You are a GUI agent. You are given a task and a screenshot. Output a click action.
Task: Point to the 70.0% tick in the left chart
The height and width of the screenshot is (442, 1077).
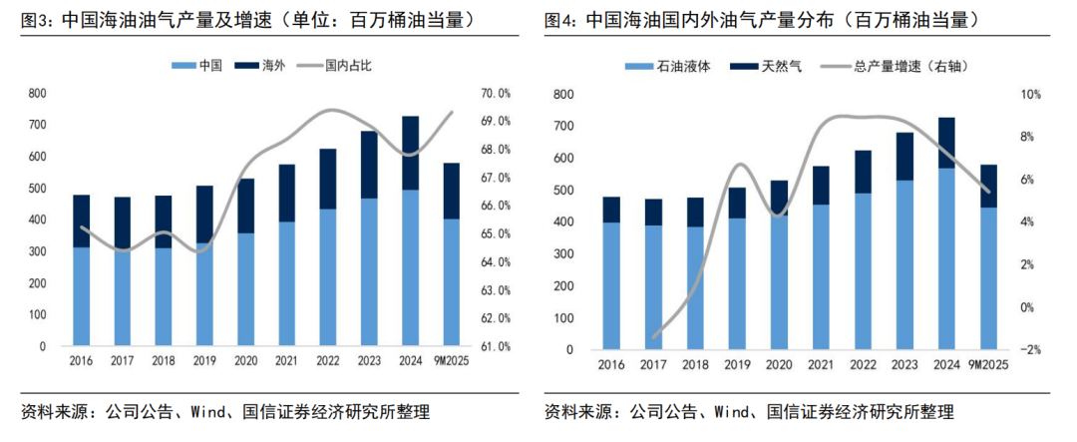point(495,94)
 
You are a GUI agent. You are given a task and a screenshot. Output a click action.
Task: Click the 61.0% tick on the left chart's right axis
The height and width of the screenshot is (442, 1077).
point(495,347)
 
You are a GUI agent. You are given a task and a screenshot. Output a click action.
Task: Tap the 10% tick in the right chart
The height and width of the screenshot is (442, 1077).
point(1030,95)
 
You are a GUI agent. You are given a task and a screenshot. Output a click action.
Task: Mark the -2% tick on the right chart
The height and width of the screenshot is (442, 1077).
point(1030,350)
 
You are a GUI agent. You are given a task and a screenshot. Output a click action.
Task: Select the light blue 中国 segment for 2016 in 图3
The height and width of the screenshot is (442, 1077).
point(82,296)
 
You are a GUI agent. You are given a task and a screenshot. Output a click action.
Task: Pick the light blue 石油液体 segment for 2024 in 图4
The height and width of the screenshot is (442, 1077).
point(946,258)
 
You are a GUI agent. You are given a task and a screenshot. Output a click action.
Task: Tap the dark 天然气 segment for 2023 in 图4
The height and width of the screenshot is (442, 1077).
point(905,157)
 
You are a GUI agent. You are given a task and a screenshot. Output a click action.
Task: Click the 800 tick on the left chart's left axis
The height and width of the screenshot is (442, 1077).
point(38,94)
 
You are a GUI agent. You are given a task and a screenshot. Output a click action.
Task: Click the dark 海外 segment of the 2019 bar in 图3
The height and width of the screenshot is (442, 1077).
point(204,214)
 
